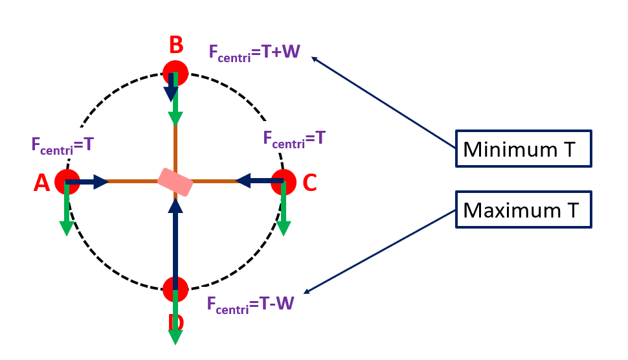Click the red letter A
(41, 184)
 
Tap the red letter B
(176, 45)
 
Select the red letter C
(309, 183)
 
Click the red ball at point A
(67, 182)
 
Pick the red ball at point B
(175, 73)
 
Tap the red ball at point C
(284, 182)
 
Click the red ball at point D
(175, 289)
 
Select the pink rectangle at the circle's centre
(175, 182)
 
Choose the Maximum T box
(524, 210)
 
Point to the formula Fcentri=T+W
(254, 52)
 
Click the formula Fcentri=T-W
(252, 304)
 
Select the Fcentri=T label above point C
(294, 138)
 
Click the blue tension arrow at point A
(87, 182)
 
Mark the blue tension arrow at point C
(259, 181)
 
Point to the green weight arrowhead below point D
(175, 337)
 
